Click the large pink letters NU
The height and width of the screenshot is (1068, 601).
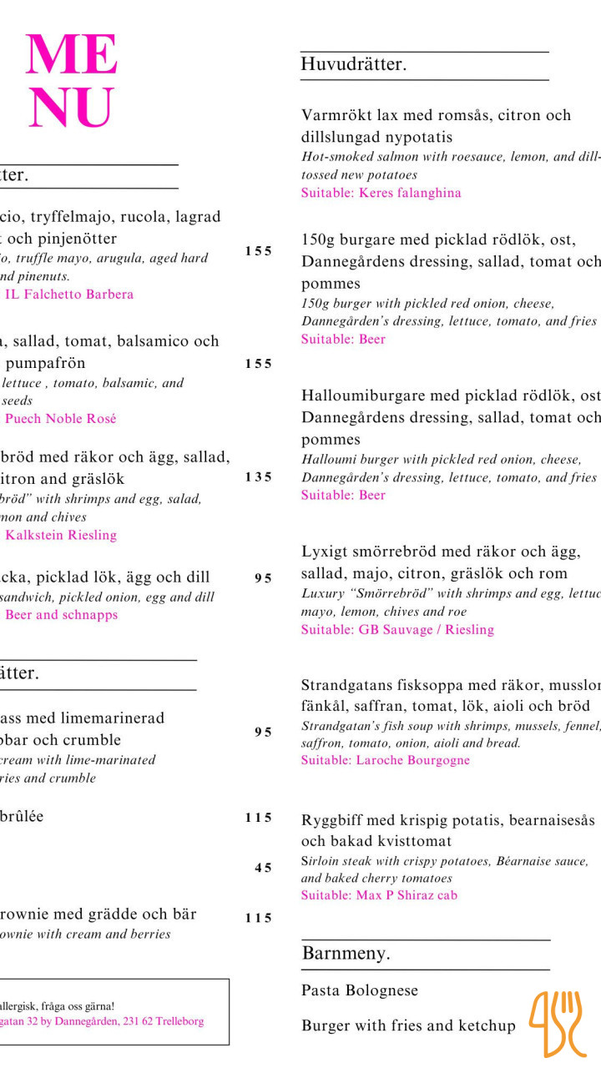point(70,108)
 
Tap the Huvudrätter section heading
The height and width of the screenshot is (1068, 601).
point(354,64)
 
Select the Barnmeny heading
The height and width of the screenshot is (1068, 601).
point(346,953)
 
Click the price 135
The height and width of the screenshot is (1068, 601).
point(258,477)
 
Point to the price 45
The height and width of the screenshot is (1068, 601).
point(263,868)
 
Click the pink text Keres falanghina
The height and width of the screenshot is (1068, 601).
point(410,193)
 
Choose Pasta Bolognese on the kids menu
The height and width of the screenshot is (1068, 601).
point(360,990)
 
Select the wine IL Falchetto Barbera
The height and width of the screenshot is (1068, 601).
point(69,294)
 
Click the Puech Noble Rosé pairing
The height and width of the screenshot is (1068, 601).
point(61,418)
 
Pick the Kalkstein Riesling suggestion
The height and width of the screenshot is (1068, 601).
point(61,535)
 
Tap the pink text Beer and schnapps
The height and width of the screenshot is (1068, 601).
point(62,615)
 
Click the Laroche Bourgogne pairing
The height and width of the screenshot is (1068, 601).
point(412,760)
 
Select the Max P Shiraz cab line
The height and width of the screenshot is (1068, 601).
point(407,895)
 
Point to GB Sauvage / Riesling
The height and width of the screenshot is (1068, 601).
point(426,629)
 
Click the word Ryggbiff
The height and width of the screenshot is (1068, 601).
point(330,819)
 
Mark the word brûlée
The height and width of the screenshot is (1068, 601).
point(22,817)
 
